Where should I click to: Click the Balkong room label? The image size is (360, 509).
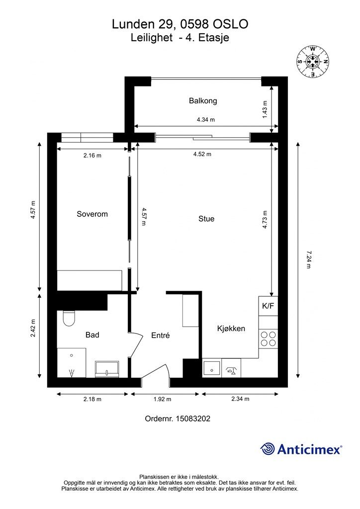pyautogui.click(x=203, y=100)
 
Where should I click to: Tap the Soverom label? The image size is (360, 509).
pyautogui.click(x=92, y=214)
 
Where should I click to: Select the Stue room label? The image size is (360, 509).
pyautogui.click(x=206, y=219)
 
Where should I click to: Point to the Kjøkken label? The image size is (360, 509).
pyautogui.click(x=231, y=329)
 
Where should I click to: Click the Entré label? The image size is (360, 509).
pyautogui.click(x=161, y=336)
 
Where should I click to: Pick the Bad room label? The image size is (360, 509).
pyautogui.click(x=92, y=335)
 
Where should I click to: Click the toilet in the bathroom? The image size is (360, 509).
pyautogui.click(x=69, y=318)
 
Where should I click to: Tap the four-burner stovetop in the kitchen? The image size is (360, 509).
pyautogui.click(x=268, y=339)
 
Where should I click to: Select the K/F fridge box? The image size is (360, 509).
pyautogui.click(x=268, y=306)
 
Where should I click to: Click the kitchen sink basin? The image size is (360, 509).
pyautogui.click(x=212, y=368)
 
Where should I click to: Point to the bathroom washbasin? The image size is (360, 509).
pyautogui.click(x=107, y=369)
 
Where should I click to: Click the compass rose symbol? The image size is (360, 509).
pyautogui.click(x=313, y=61)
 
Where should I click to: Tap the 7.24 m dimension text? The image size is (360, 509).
pyautogui.click(x=309, y=259)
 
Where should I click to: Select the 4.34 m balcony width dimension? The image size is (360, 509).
pyautogui.click(x=206, y=119)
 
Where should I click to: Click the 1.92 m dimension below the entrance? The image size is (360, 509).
pyautogui.click(x=162, y=399)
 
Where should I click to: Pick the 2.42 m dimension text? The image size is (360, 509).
pyautogui.click(x=33, y=328)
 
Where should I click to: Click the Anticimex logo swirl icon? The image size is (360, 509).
pyautogui.click(x=268, y=449)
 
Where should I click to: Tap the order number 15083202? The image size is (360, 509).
pyautogui.click(x=193, y=419)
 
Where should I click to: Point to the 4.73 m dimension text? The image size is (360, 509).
pyautogui.click(x=265, y=220)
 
